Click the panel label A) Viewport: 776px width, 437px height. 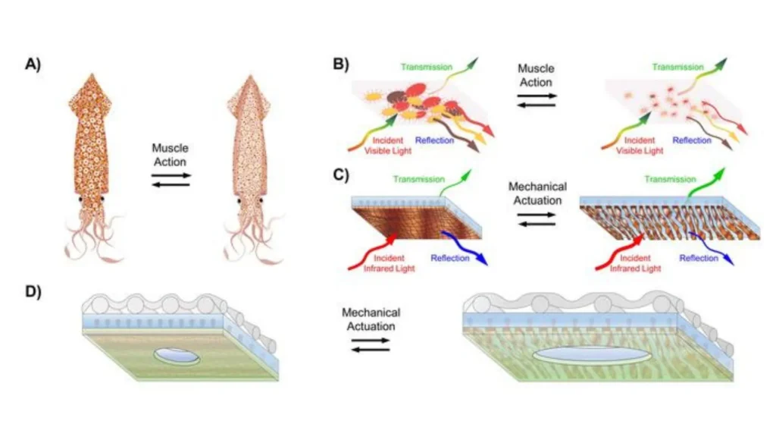click(x=33, y=64)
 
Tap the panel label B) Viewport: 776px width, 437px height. click(x=341, y=64)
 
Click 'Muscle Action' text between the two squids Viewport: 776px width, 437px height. click(x=170, y=155)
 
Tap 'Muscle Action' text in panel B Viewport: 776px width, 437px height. click(x=536, y=76)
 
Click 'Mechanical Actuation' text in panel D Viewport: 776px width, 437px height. click(x=371, y=319)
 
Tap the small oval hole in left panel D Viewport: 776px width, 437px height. click(x=177, y=357)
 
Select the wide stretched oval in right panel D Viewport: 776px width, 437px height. click(x=592, y=356)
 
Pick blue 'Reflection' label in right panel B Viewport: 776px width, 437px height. click(x=691, y=140)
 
